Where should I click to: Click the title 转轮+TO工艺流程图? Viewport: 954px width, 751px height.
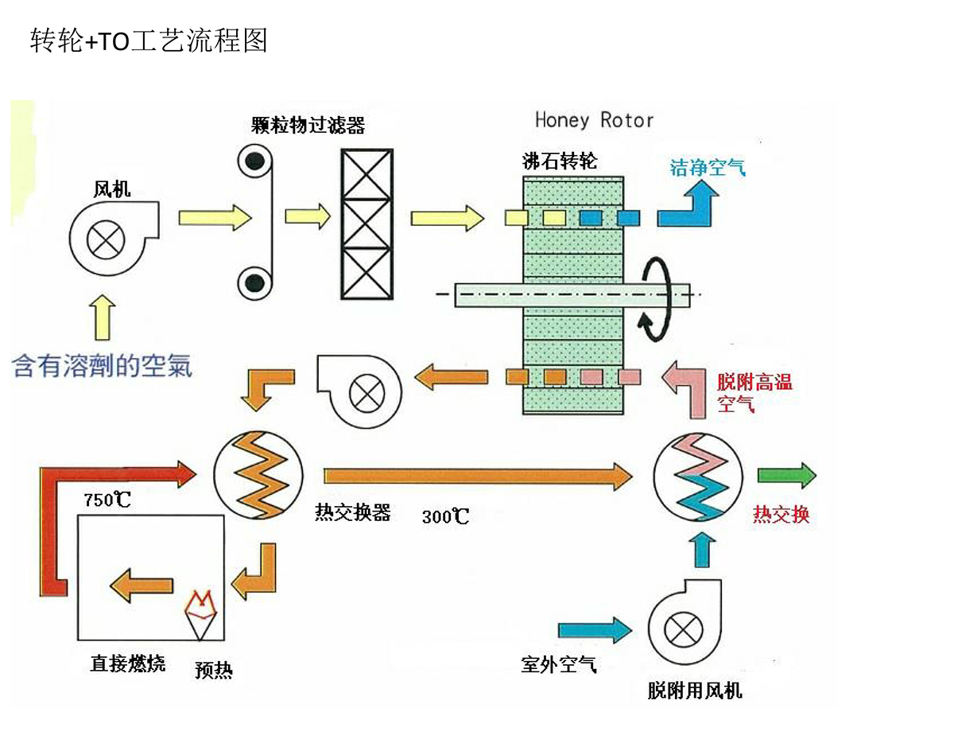point(149,40)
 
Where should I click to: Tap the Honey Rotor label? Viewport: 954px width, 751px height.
point(594,120)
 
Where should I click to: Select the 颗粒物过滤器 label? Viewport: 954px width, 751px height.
point(308,125)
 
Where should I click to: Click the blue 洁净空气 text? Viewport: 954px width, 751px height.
point(708,168)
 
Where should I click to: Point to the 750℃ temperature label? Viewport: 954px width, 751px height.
point(107,500)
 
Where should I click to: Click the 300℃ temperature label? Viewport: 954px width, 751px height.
point(445,516)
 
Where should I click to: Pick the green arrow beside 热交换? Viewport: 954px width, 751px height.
point(786,475)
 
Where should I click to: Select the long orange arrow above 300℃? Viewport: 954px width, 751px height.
point(477,476)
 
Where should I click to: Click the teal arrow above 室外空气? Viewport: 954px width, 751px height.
point(595,630)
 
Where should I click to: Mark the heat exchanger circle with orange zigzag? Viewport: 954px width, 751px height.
point(258,474)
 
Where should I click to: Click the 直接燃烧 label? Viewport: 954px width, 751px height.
point(127,663)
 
